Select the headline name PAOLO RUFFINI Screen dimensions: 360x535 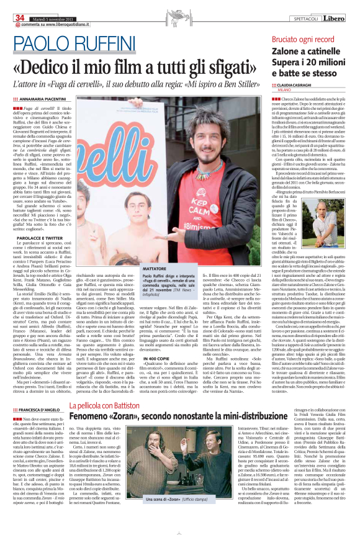coord(71,44)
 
